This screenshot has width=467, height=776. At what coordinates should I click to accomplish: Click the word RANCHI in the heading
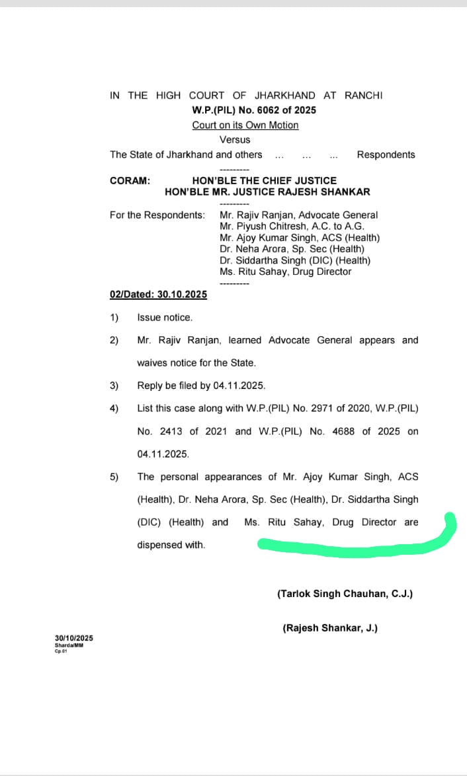[362, 95]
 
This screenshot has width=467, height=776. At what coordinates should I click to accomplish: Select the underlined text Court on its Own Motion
[245, 125]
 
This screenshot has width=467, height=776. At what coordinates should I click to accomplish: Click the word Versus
[235, 139]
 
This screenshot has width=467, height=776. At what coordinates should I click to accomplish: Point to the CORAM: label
[130, 180]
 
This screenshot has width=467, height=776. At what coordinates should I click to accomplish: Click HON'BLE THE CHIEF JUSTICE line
[264, 180]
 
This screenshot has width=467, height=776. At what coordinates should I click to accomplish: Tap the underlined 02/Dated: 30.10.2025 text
[158, 295]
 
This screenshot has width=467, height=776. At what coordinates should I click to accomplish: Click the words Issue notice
[165, 318]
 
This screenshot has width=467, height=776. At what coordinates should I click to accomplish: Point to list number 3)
[114, 385]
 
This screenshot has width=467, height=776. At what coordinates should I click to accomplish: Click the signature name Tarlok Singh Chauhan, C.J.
[345, 594]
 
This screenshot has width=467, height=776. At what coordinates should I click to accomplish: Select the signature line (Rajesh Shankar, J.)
[330, 628]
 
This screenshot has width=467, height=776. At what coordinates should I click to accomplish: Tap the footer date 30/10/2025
[74, 638]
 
